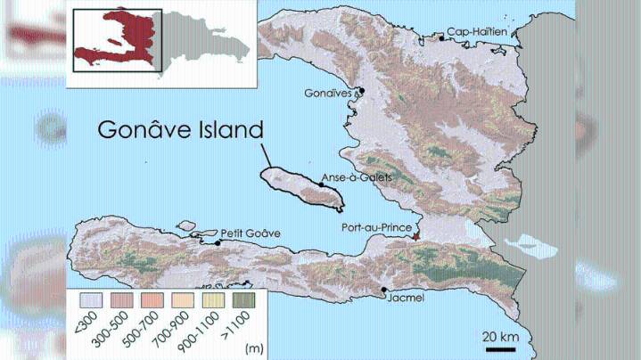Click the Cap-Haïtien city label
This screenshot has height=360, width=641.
point(477,31)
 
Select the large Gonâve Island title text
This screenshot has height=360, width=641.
point(180,130)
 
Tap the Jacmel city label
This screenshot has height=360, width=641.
point(405,298)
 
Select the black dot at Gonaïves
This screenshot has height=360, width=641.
point(361,90)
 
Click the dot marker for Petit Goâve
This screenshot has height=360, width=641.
point(218,241)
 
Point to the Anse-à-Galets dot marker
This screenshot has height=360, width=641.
point(322,184)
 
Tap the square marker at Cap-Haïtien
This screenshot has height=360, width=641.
point(441,37)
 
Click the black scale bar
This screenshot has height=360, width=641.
point(499,348)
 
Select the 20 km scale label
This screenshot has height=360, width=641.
point(499,336)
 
